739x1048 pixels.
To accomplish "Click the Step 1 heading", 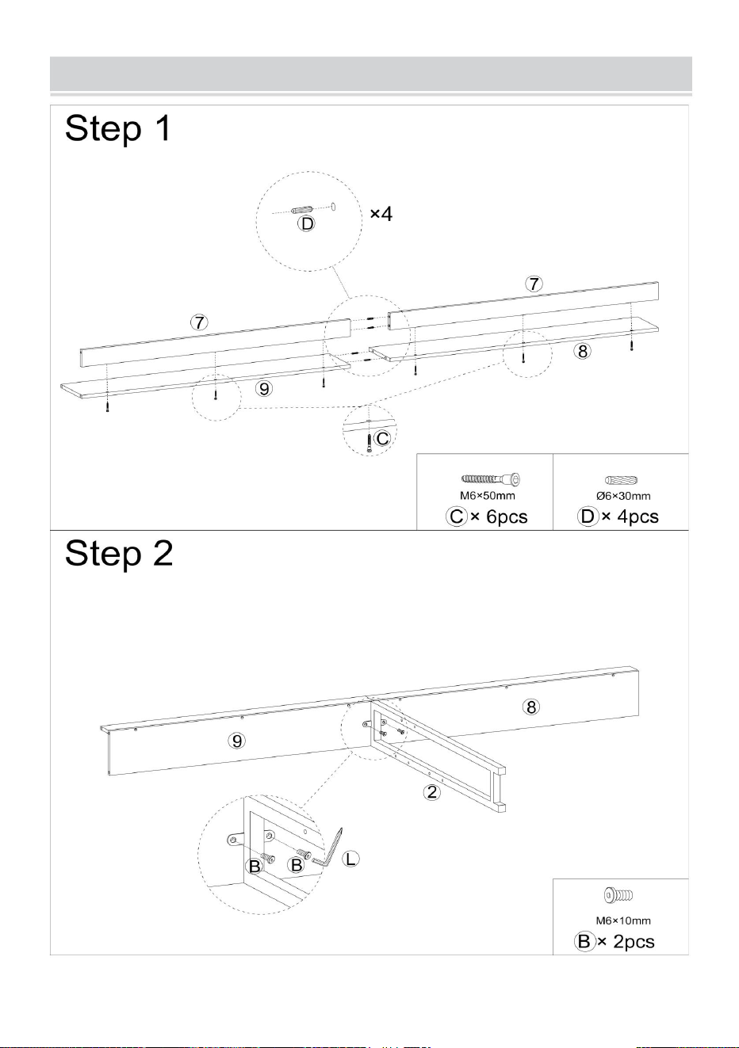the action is click(x=118, y=128).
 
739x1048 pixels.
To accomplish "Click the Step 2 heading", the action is click(x=119, y=553).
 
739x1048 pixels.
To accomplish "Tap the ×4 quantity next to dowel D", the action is click(x=381, y=214).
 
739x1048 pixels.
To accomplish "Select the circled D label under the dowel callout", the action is click(x=307, y=223).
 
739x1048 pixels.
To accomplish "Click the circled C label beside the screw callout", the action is click(x=382, y=438).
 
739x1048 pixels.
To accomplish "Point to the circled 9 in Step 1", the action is click(x=265, y=388).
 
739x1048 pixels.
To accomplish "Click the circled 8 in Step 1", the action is click(x=583, y=351).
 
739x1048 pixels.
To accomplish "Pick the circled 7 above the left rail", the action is click(x=200, y=322).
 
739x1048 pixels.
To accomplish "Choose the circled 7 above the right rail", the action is click(x=534, y=284).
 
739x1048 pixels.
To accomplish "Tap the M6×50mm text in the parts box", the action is click(x=487, y=495).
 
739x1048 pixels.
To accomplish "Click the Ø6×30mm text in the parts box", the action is click(x=623, y=496).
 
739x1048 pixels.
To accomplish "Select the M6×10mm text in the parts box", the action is click(x=623, y=920).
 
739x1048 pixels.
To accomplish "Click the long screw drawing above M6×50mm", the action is click(x=491, y=479).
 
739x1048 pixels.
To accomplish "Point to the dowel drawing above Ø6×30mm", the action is click(x=621, y=480).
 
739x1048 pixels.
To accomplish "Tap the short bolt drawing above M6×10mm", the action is click(x=618, y=895).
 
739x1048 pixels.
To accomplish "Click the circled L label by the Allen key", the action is click(x=350, y=859).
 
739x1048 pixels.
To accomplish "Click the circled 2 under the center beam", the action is click(x=432, y=791).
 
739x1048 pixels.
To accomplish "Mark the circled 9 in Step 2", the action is click(x=237, y=741).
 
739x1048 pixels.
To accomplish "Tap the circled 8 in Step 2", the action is click(x=531, y=707).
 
